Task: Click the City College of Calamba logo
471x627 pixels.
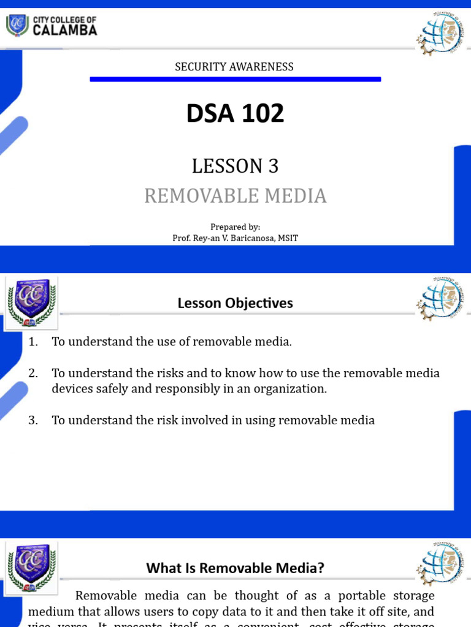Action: pos(52,26)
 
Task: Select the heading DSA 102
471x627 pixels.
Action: pos(235,113)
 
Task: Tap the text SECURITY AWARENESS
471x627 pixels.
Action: pos(234,67)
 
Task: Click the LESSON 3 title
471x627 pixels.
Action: pos(235,166)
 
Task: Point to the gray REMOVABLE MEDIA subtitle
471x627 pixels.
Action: pos(235,196)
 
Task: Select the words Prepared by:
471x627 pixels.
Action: pos(235,227)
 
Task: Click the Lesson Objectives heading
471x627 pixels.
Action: pos(235,303)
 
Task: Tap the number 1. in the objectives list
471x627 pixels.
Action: pos(33,342)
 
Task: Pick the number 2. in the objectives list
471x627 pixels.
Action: pos(33,373)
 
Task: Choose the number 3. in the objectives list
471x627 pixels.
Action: pos(33,420)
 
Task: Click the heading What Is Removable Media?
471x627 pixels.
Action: pos(235,568)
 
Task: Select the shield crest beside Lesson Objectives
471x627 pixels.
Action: pos(32,301)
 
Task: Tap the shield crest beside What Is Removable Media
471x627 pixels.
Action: pos(32,568)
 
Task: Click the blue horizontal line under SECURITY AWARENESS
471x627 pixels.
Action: pos(235,79)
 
